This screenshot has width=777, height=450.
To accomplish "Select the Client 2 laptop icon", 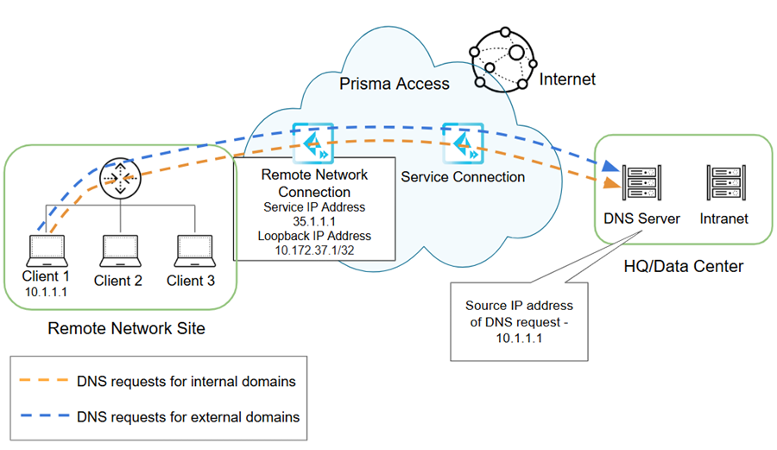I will point(118,250).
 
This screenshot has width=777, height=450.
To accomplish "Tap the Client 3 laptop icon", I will point(191,250).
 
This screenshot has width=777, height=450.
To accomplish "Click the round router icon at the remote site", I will point(117,179).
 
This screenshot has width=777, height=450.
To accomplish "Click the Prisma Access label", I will point(394,84).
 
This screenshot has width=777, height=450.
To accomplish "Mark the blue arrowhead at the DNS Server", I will point(611,166).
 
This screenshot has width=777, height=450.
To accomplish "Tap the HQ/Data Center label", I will point(683,266).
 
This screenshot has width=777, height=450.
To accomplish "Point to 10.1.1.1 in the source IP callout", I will point(518,337).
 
